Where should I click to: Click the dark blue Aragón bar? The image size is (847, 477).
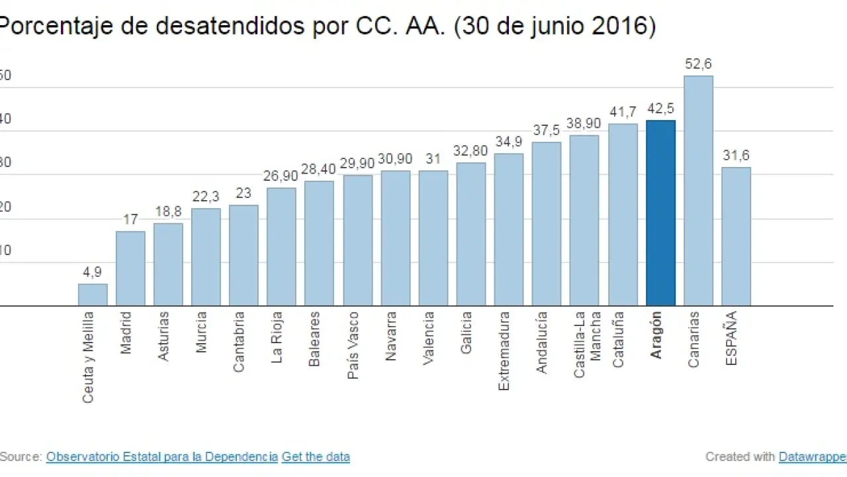coord(660,213)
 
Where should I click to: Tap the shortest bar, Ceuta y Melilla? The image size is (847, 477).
coord(93,295)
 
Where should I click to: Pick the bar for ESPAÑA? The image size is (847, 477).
coord(736,237)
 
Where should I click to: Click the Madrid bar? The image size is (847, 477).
coord(130,268)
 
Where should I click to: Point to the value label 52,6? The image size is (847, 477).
coord(699,65)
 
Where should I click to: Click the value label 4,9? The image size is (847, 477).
coord(93,272)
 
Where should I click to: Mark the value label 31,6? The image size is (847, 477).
coord(736,156)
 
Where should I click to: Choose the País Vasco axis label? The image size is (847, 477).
coord(353,345)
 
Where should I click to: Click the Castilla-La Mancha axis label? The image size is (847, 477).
coord(588,344)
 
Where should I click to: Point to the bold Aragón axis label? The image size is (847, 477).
coord(656,335)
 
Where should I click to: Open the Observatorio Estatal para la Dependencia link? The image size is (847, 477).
coord(162,456)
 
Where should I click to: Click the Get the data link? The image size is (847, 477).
coord(316,456)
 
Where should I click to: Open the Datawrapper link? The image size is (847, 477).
coord(812,456)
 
